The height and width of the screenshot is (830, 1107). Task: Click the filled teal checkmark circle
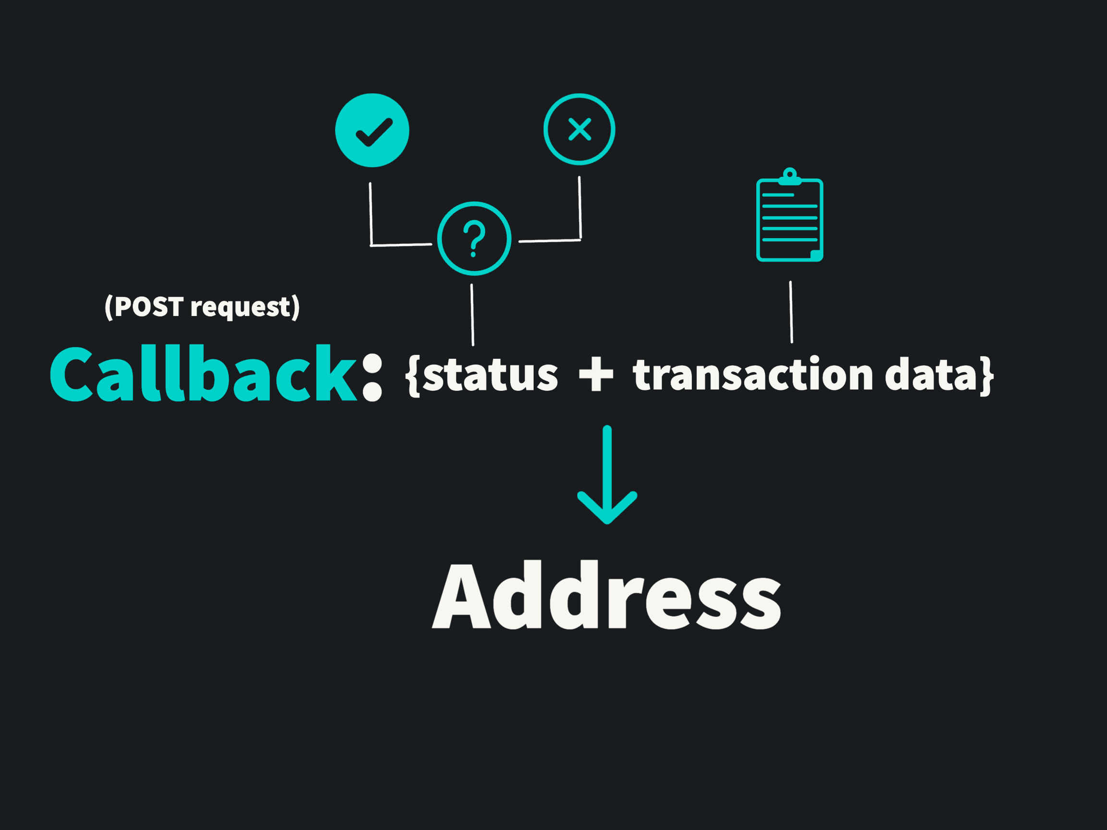coord(372,130)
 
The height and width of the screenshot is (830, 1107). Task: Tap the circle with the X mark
coord(579,129)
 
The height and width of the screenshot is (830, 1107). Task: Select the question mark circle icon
coord(474,238)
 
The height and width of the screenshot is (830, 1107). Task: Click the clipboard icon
coord(790,220)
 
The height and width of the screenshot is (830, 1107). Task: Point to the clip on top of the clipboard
coord(790,176)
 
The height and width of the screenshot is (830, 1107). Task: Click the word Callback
coord(203,374)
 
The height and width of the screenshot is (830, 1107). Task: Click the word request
coord(240,308)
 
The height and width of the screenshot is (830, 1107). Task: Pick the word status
coord(490,375)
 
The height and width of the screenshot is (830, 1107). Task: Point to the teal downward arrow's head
coord(607,510)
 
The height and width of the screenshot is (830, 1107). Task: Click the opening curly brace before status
coord(413,376)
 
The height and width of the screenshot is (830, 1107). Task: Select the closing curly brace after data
coord(986,376)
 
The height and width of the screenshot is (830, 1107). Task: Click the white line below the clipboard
coord(791,312)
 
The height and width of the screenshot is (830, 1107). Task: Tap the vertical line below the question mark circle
coord(472,315)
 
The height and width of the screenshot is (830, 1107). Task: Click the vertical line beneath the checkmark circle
coord(371,214)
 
